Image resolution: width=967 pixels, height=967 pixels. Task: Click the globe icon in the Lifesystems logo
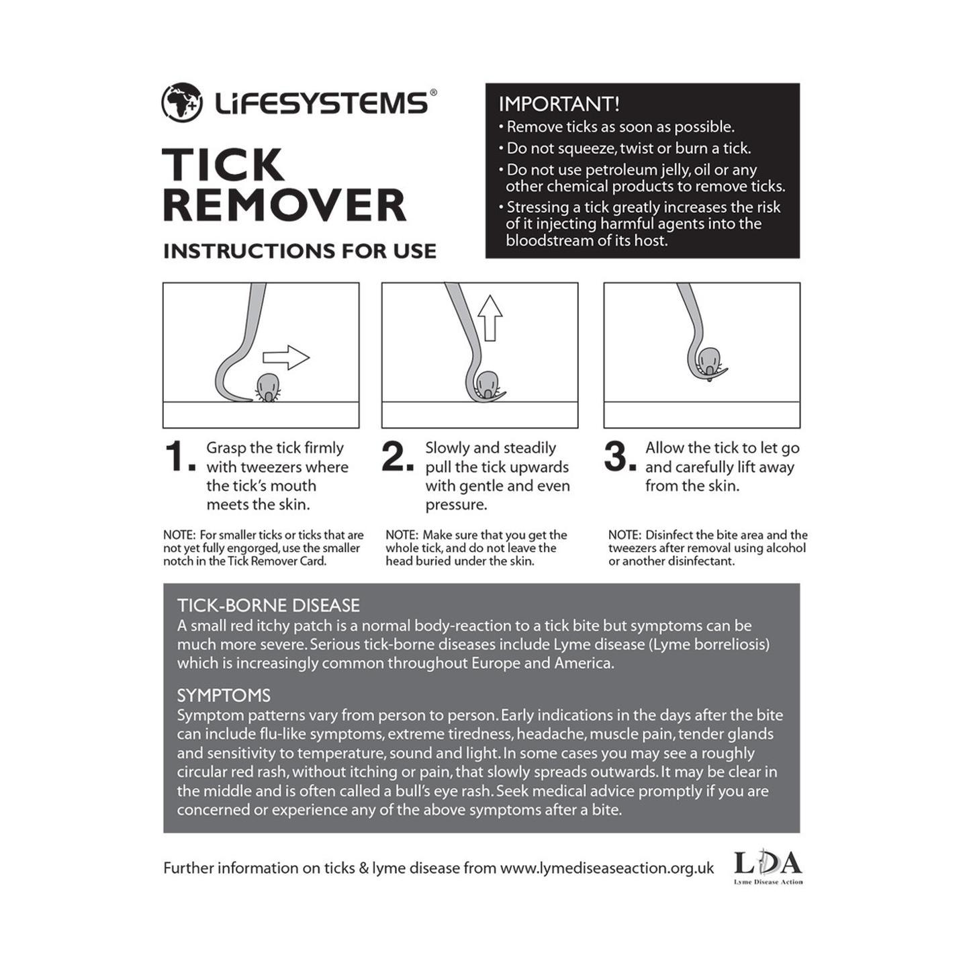pyautogui.click(x=182, y=103)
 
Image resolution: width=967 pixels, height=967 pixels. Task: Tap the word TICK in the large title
pyautogui.click(x=223, y=165)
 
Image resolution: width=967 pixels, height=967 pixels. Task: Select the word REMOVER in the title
pyautogui.click(x=285, y=205)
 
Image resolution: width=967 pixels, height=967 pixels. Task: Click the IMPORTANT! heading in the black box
pyautogui.click(x=559, y=104)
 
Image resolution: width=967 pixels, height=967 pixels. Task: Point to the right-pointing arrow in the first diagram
pyautogui.click(x=286, y=357)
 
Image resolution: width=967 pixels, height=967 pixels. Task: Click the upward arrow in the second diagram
pyautogui.click(x=490, y=318)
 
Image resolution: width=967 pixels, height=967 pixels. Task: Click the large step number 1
pyautogui.click(x=177, y=457)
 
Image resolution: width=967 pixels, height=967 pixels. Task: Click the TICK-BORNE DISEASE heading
pyautogui.click(x=269, y=606)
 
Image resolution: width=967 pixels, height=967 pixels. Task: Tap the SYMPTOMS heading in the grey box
pyautogui.click(x=224, y=696)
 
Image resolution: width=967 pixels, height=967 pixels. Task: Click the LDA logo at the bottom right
pyautogui.click(x=768, y=867)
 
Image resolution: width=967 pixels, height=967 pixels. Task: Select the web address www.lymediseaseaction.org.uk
pyautogui.click(x=607, y=868)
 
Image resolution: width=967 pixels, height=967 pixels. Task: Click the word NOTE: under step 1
pyautogui.click(x=179, y=535)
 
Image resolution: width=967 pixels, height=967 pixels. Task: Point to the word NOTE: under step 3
pyautogui.click(x=624, y=535)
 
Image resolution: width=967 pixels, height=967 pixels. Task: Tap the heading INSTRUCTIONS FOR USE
pyautogui.click(x=300, y=251)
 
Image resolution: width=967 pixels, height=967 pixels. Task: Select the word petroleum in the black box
pyautogui.click(x=622, y=170)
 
